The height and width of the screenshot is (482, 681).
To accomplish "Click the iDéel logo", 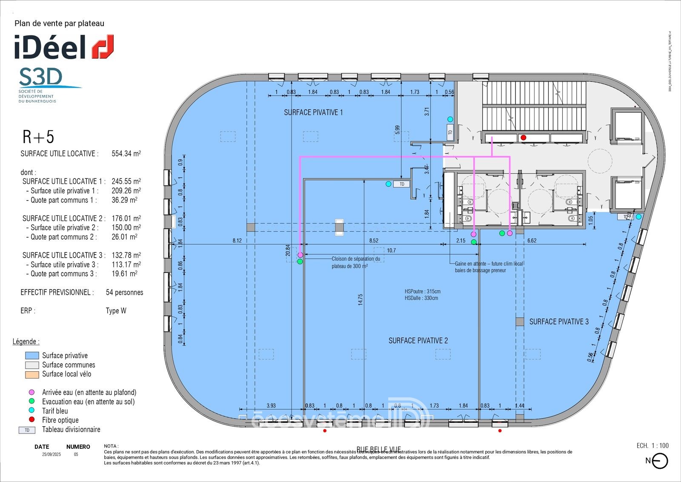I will [x=64, y=47].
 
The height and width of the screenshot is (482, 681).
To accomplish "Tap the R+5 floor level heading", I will [x=38, y=137].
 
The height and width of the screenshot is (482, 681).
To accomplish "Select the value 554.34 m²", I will [x=126, y=154].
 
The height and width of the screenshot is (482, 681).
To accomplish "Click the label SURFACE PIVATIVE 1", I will [x=313, y=112].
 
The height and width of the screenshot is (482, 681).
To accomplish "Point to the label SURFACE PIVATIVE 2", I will [x=418, y=341].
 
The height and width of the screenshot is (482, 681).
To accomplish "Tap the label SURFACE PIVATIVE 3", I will [x=559, y=322].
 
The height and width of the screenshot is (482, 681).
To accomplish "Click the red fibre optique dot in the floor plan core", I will [x=524, y=138].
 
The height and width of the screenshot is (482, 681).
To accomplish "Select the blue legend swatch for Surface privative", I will [x=32, y=356].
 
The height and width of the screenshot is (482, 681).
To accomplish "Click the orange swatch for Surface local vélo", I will [x=32, y=374].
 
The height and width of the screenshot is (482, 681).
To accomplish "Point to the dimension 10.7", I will [x=391, y=250].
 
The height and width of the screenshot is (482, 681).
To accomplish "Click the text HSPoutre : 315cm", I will [x=423, y=292].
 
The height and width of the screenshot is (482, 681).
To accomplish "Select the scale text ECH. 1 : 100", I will [x=652, y=446].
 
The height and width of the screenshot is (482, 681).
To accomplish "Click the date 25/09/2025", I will [x=51, y=454].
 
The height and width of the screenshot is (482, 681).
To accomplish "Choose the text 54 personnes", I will [x=124, y=293].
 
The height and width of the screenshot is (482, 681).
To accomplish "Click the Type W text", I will [x=116, y=311].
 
